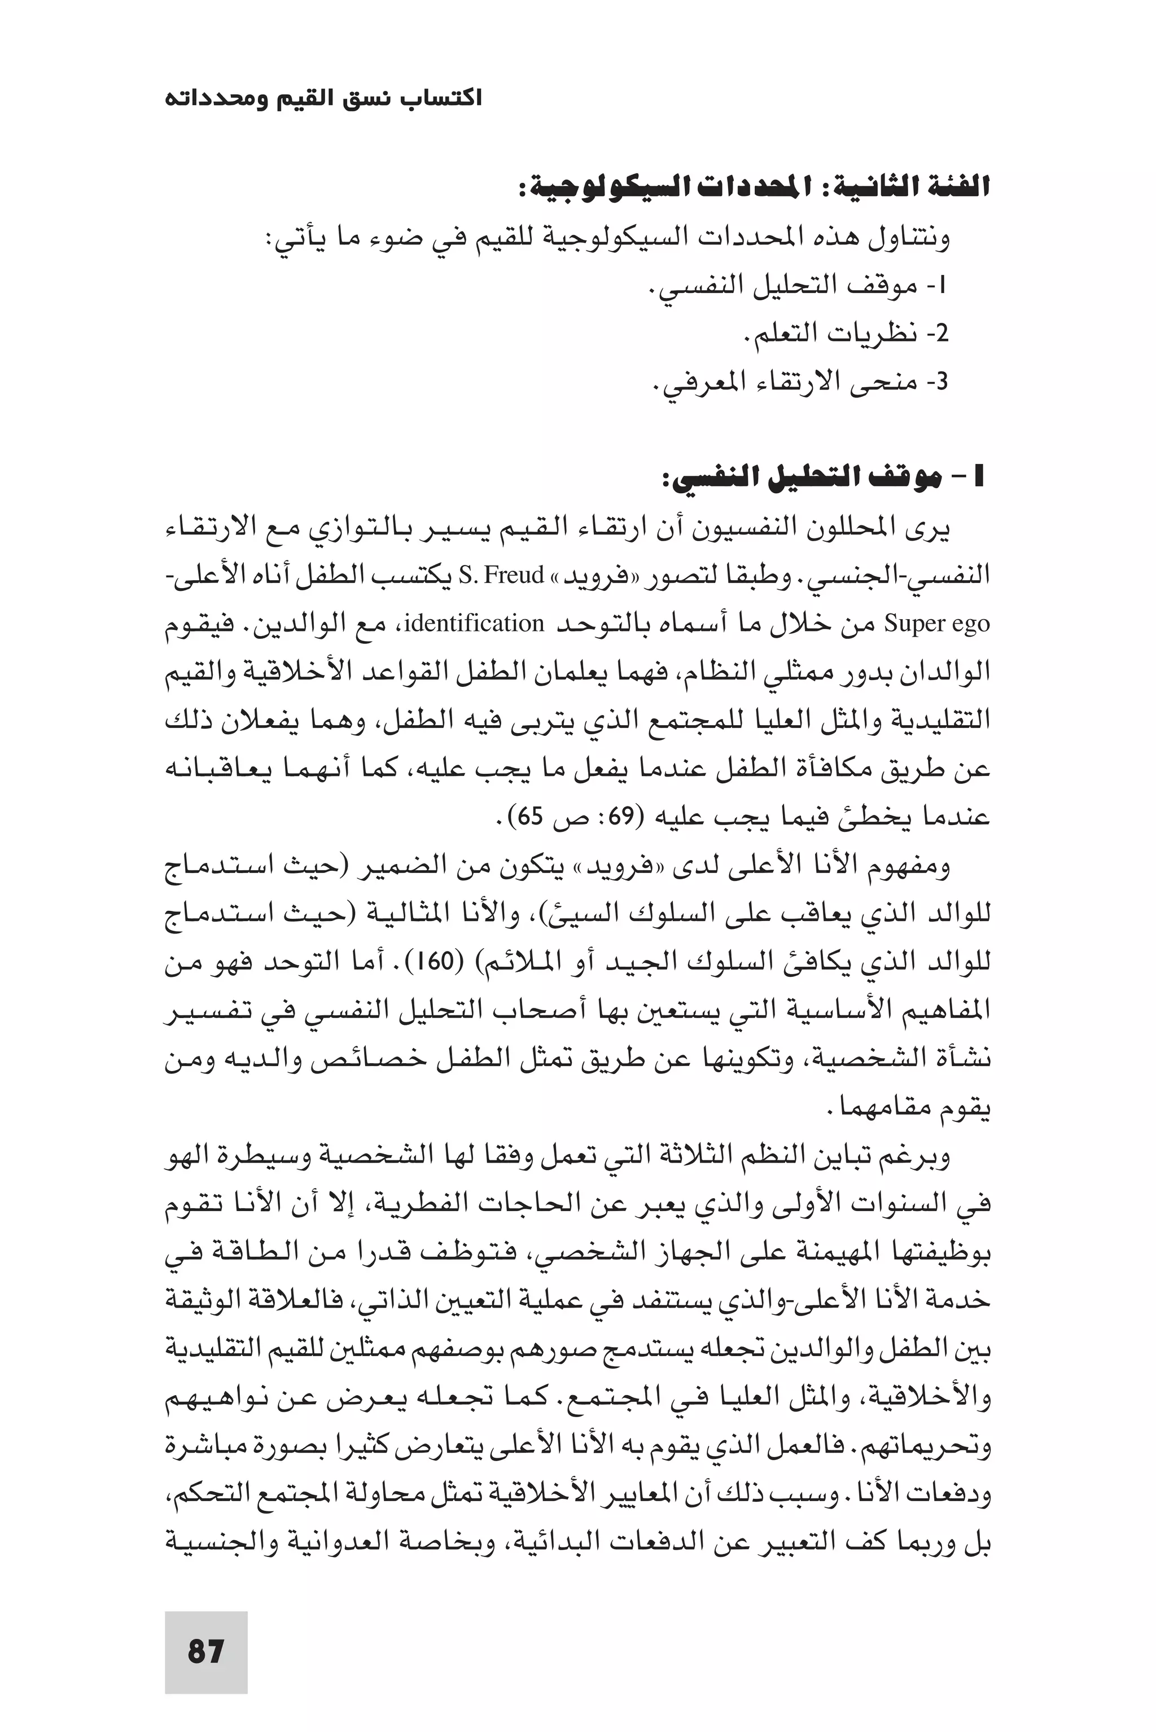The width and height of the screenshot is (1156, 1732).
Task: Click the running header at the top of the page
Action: [x=323, y=98]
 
